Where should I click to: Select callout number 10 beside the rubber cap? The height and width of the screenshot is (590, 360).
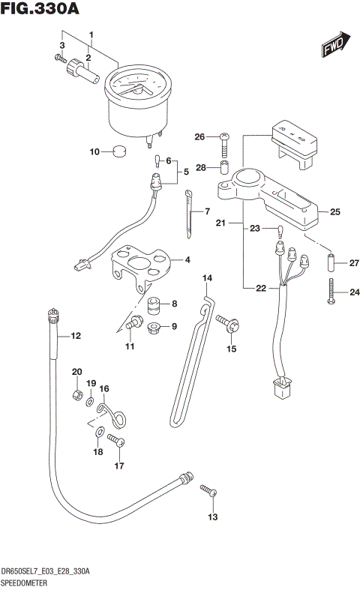94,151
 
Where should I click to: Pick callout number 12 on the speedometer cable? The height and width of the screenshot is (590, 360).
75,337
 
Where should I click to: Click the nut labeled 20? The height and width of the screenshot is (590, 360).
76,394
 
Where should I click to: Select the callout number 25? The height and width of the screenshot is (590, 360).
334,212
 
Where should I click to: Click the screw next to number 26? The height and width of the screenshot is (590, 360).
224,138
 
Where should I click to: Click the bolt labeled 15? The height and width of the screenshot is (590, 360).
226,323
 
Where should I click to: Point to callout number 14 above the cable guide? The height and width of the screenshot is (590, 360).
208,280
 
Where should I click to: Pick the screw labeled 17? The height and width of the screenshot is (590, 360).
114,441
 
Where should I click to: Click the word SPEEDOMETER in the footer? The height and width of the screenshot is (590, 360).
25,582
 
